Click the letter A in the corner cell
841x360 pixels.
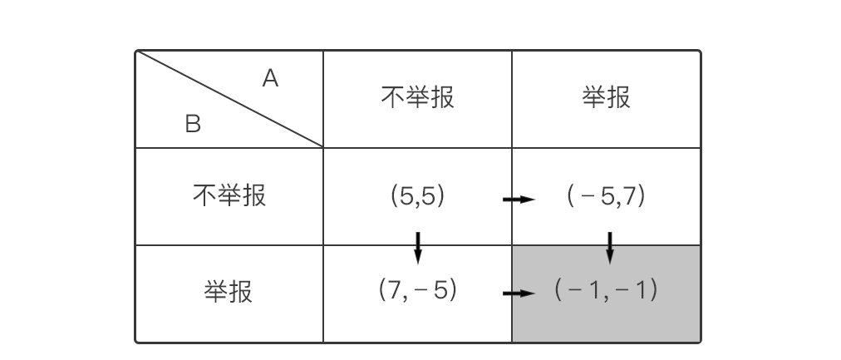(270, 79)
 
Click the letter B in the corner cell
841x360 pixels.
(193, 125)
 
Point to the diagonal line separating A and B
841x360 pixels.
(229, 99)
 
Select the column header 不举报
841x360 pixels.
(417, 98)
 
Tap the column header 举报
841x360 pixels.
(606, 98)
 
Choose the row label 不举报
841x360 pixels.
(229, 196)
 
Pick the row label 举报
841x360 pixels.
(229, 293)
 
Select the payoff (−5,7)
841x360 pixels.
(606, 196)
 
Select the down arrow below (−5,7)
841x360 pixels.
(610, 247)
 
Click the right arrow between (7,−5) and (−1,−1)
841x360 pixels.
(519, 293)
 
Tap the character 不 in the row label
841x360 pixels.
(204, 196)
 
